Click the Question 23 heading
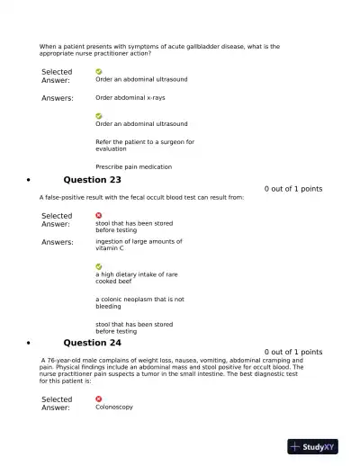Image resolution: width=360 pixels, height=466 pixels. [x=92, y=179]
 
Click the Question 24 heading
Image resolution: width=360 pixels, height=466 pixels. [x=92, y=342]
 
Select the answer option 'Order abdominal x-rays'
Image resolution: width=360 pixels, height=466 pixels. [x=130, y=97]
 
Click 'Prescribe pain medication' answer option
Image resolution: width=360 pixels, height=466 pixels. [x=133, y=166]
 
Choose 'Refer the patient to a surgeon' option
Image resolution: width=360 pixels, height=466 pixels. [x=144, y=145]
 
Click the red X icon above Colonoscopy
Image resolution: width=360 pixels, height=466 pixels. [x=99, y=399]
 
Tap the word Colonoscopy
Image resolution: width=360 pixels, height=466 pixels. [x=113, y=407]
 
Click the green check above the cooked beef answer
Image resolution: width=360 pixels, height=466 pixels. [x=99, y=266]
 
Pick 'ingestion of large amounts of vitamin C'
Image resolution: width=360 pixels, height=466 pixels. [x=138, y=245]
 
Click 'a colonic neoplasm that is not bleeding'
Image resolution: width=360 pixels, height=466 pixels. [x=139, y=302]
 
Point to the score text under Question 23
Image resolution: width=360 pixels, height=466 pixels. [x=292, y=189]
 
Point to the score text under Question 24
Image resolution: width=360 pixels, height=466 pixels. [x=292, y=352]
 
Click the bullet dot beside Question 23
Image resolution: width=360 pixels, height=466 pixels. [x=31, y=180]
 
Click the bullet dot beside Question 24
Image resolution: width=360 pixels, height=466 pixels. [x=31, y=343]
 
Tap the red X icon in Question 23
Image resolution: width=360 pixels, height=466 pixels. [x=99, y=215]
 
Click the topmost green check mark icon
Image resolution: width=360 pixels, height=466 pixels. [x=99, y=71]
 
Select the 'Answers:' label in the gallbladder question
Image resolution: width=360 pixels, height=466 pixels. [x=58, y=98]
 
